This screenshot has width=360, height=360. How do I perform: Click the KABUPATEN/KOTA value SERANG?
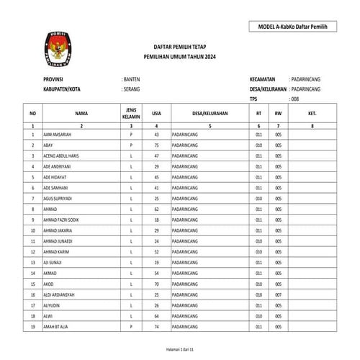click(132, 89)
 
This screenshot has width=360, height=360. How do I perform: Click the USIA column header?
click(156, 114)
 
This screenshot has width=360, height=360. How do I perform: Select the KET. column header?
click(312, 114)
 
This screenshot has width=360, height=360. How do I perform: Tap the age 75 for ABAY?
click(156, 145)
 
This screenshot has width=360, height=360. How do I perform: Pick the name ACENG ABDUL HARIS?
click(63, 156)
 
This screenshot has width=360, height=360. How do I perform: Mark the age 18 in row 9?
click(156, 218)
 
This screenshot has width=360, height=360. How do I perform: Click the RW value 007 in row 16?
click(278, 295)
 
